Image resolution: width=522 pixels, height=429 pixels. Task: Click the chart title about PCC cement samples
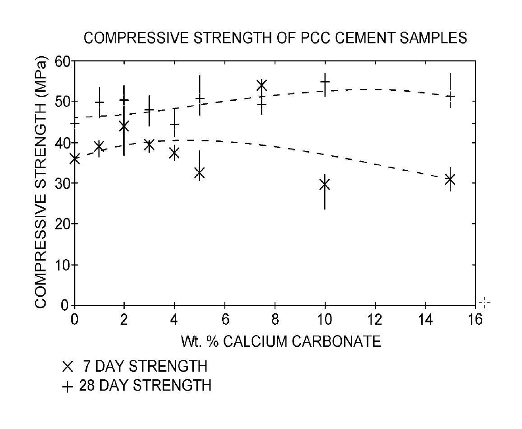coord(275,38)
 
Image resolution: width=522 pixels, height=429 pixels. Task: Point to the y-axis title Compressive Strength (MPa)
coord(42,182)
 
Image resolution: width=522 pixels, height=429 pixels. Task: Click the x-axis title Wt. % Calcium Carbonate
coord(281,341)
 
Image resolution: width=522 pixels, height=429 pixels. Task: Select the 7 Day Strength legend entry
coord(135,366)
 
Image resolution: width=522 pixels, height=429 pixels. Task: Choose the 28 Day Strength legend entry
coord(136,386)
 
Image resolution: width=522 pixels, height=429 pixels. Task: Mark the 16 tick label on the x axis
coord(475,318)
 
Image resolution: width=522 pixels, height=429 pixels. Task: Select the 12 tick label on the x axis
coord(375,318)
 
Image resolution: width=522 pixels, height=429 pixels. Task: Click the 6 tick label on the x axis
coord(224,318)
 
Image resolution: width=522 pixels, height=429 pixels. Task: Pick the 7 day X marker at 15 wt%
coord(449,180)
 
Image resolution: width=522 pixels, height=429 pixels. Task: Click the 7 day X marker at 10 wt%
coord(324,184)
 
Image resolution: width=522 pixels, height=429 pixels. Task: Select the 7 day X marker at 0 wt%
coord(75,159)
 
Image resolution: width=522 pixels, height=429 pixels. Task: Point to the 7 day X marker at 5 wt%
coord(200,173)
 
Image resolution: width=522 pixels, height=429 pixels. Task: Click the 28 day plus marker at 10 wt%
coord(325,82)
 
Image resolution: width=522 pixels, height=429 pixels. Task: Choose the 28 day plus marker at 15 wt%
coord(450,96)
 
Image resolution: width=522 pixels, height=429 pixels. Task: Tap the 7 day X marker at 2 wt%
coord(124,126)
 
